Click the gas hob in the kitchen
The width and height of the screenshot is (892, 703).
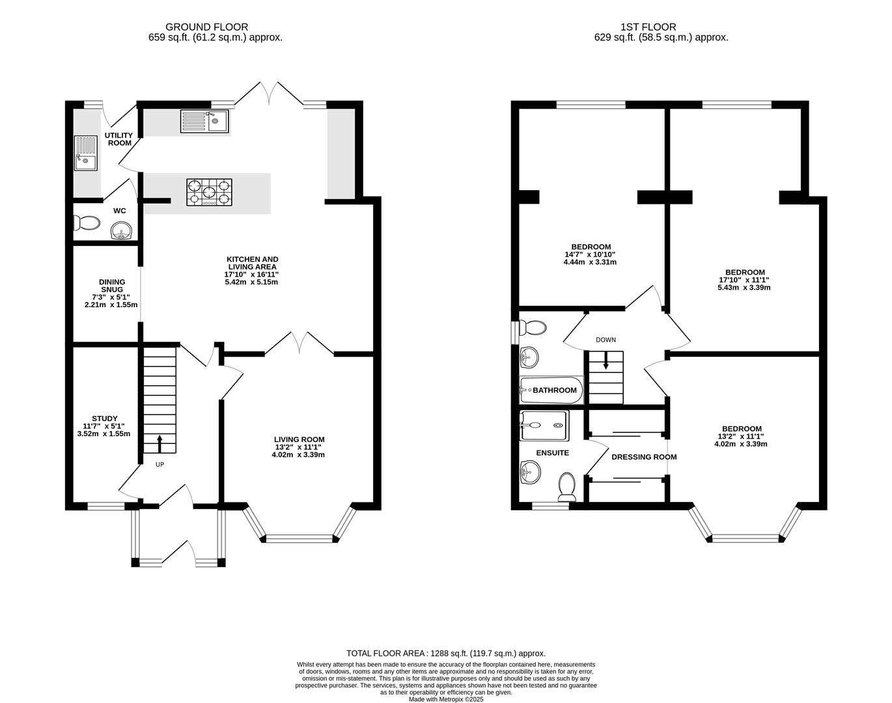(208, 193)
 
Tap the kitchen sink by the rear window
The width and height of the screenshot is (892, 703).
(204, 120)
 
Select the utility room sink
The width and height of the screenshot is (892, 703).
(85, 152)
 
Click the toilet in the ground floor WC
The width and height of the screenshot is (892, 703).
(87, 223)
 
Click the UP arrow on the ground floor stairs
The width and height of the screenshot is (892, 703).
(160, 444)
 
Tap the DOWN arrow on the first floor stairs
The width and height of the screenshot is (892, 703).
(606, 361)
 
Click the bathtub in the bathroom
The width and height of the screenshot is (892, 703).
(551, 391)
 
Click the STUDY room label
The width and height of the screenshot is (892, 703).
(104, 419)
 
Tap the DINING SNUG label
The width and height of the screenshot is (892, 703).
(111, 286)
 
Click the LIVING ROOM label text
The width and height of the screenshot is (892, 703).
(299, 439)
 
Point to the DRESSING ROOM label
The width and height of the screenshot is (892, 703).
(644, 457)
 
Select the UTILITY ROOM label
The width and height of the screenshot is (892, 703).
(118, 139)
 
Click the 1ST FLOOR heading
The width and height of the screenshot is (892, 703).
(648, 27)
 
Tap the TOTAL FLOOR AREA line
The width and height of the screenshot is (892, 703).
(445, 653)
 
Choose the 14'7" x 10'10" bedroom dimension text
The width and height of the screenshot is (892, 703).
(589, 255)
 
